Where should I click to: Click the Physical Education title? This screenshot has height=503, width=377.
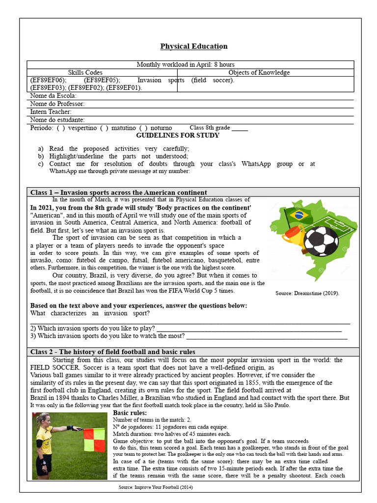click(194, 46)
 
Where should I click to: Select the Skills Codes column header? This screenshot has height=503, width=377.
click(85, 73)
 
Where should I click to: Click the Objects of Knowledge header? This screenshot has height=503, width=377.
click(259, 73)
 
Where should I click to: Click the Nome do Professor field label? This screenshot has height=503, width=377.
click(57, 104)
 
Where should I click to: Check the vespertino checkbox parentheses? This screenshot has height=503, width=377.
click(61, 128)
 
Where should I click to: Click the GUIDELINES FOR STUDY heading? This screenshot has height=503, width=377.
click(177, 136)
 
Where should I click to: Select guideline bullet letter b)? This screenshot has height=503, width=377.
click(40, 156)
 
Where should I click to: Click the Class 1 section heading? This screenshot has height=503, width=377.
click(118, 193)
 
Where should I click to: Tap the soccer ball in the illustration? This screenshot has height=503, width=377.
click(321, 241)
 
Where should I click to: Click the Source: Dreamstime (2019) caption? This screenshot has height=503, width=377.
click(307, 293)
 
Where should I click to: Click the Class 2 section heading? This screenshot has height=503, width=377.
click(112, 352)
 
